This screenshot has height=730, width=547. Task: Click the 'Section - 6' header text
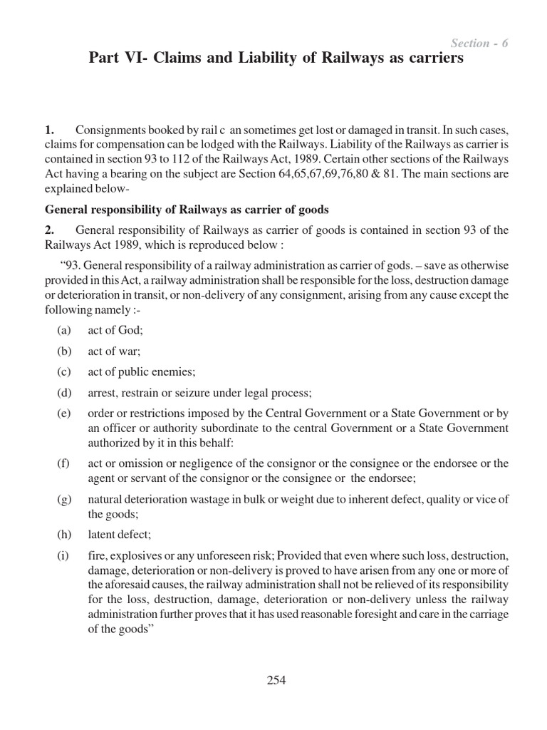point(479,43)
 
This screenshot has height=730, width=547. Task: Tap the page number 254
point(276,680)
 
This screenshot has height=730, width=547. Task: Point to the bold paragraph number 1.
point(49,130)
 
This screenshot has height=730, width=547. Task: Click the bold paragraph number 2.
point(49,230)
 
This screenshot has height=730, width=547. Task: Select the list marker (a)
point(63,331)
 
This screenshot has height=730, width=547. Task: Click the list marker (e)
point(63,413)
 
